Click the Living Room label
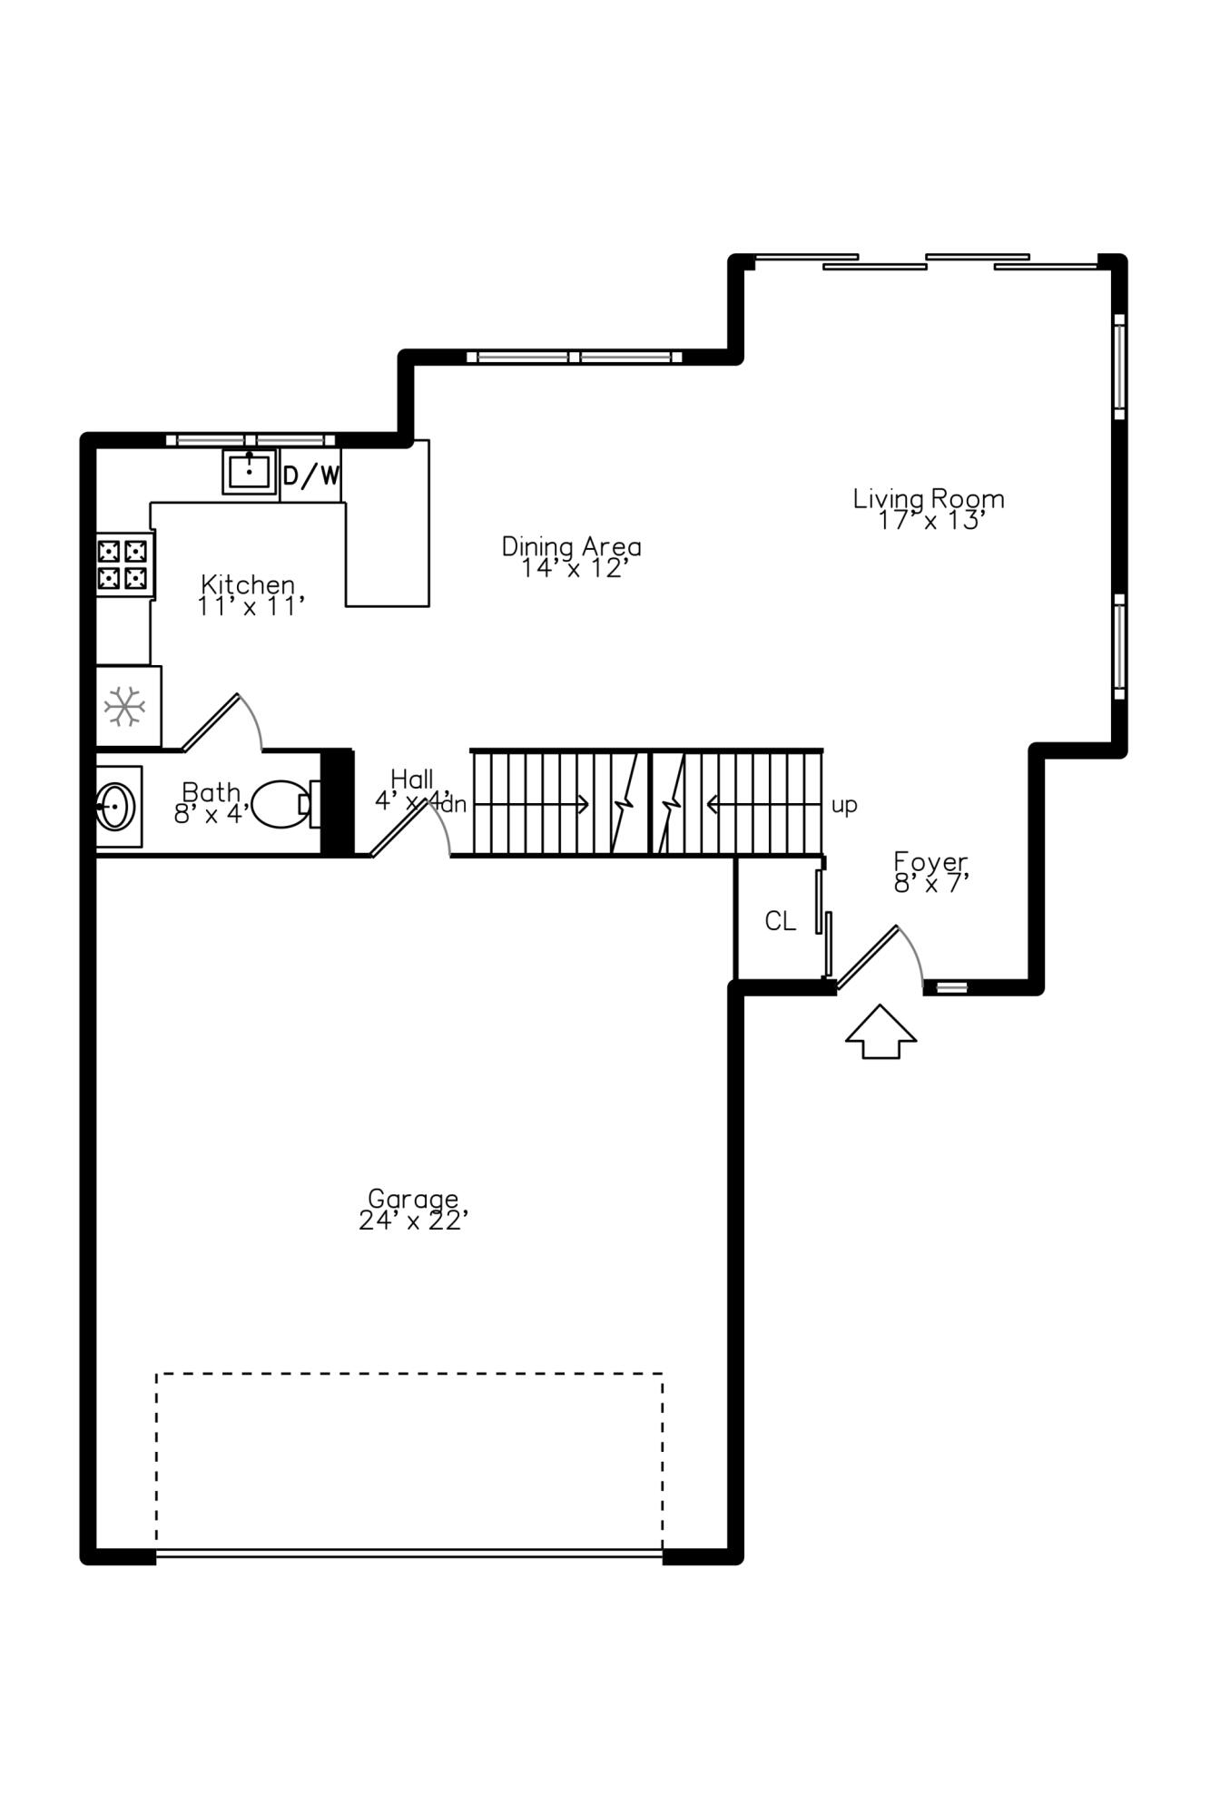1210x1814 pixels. [928, 499]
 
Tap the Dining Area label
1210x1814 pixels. [572, 546]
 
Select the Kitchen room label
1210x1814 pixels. [248, 583]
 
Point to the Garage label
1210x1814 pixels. [413, 1199]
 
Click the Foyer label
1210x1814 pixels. [930, 861]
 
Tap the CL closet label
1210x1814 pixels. [780, 922]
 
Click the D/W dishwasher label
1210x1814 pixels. [311, 476]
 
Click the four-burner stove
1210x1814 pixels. [123, 564]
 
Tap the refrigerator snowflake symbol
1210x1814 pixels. [124, 707]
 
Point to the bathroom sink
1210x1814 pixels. [116, 806]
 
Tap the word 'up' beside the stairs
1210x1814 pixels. [844, 806]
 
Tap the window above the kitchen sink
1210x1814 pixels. [251, 440]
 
